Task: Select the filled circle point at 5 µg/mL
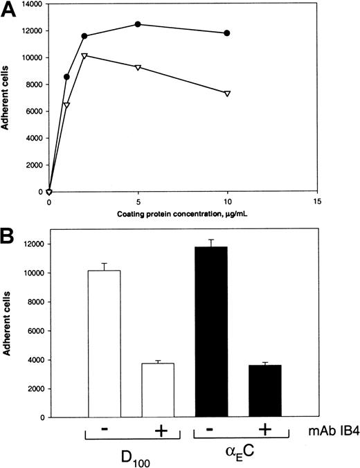138,24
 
